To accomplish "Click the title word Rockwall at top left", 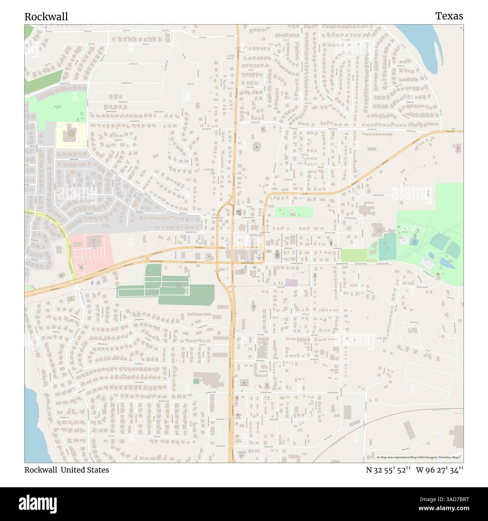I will pos(46,16).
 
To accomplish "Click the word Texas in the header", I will pos(449,16).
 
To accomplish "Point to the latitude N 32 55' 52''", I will pos(388,470).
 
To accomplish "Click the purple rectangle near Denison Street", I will pos(291,282).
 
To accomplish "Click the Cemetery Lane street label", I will pos(133,64).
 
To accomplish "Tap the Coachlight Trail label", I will pos(114,140).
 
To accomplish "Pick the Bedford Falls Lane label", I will pos(124,102).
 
